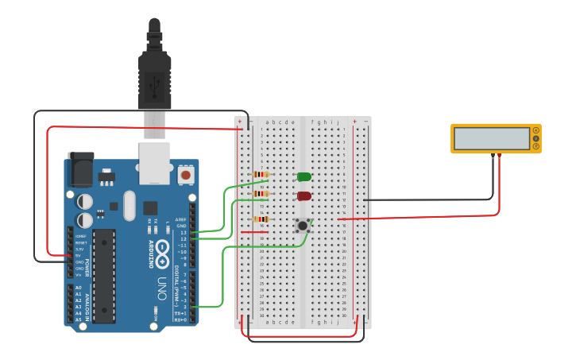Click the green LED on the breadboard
[x=303, y=176]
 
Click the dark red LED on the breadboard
[x=303, y=195]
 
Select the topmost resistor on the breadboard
[x=261, y=175]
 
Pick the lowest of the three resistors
[x=261, y=219]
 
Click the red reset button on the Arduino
[x=185, y=174]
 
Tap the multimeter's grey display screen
[x=492, y=138]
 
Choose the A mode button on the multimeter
[x=536, y=130]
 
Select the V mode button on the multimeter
[x=536, y=138]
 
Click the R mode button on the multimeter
[x=536, y=146]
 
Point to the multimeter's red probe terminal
[x=499, y=156]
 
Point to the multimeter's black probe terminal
[x=493, y=156]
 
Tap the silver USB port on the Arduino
[x=154, y=158]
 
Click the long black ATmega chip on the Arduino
[x=103, y=276]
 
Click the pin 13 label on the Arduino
[x=183, y=232]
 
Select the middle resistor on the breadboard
[x=261, y=193]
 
